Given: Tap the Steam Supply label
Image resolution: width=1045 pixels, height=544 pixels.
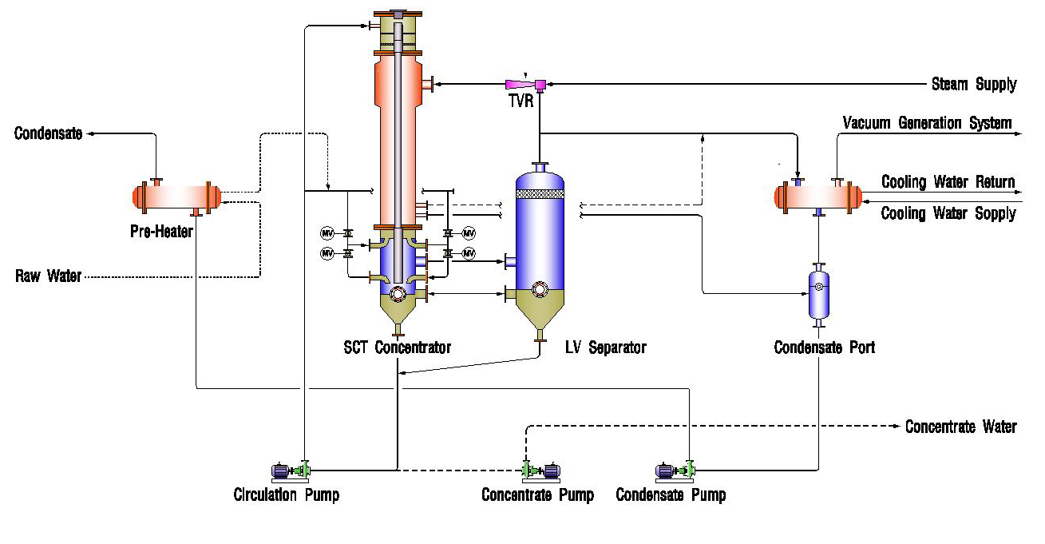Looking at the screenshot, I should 974,84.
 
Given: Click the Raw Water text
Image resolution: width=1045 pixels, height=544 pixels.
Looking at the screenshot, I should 49,277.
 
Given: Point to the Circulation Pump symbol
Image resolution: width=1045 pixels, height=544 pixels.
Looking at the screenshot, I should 290,471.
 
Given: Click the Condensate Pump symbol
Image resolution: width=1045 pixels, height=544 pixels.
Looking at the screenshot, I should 673,471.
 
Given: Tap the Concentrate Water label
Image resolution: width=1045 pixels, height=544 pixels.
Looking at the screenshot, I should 960,427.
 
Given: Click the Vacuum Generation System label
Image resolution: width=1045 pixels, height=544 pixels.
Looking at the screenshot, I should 927,123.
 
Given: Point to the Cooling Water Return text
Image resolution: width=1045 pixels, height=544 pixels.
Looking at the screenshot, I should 948,182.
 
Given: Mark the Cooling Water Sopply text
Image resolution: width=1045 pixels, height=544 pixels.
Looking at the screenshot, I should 948,213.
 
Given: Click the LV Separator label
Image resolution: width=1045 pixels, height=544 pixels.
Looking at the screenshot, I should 605,347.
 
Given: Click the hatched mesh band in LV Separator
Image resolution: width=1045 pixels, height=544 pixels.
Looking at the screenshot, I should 540,193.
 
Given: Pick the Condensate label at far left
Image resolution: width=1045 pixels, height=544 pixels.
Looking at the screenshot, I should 48,133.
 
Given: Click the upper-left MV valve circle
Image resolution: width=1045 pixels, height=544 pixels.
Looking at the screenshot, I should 327,233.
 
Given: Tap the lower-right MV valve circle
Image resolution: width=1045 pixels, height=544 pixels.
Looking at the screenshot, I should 469,253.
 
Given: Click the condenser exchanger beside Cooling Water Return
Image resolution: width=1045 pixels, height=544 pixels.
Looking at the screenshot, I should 818,197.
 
